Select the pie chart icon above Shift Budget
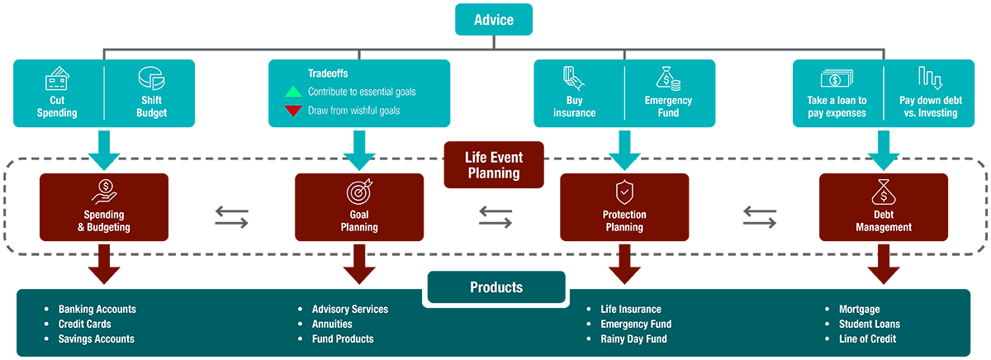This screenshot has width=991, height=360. (151, 80)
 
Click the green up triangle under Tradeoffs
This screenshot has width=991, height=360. (292, 92)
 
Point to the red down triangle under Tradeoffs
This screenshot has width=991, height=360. (292, 111)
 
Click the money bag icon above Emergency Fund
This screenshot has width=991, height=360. (668, 79)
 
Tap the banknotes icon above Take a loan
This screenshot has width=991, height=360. (837, 79)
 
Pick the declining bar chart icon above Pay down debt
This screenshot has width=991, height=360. (930, 79)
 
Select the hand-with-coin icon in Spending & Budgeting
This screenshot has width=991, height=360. (105, 192)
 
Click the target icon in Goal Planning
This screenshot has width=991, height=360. (359, 192)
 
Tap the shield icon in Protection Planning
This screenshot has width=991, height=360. (624, 193)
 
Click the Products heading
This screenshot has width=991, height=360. (496, 287)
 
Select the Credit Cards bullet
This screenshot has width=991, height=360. (84, 324)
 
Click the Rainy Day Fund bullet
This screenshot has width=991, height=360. (633, 339)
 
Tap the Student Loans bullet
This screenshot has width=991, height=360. (869, 324)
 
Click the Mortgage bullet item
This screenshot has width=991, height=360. (859, 309)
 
